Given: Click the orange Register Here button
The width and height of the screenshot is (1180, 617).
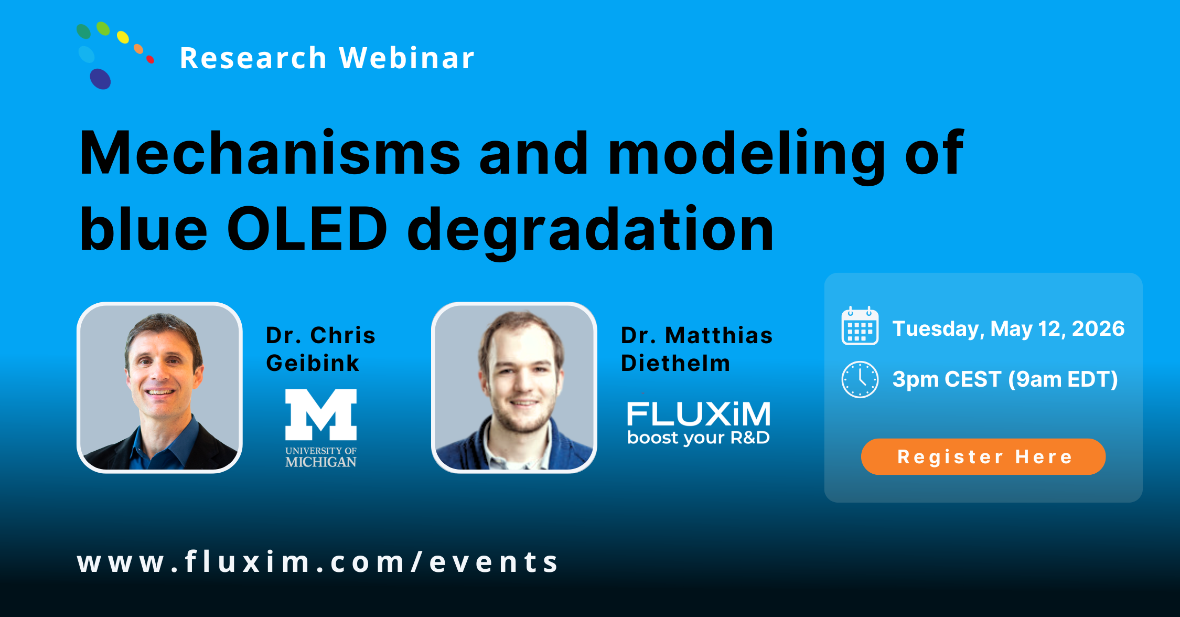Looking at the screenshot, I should tap(983, 456).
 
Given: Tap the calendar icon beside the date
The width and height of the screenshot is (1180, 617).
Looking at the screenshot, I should tap(860, 326).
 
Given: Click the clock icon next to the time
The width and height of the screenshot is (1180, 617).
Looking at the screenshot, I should tap(860, 379).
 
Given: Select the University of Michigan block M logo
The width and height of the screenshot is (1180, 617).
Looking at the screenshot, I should tap(321, 414).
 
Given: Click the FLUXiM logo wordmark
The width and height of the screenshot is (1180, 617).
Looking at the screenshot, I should tap(699, 414).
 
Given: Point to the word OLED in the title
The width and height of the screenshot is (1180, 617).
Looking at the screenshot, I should tap(307, 229).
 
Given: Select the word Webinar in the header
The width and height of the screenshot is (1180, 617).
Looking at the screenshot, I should tap(406, 58).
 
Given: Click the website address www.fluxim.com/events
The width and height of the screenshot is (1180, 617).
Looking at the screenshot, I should tap(318, 562).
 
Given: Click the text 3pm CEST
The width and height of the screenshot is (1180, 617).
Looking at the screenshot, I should tap(947, 379).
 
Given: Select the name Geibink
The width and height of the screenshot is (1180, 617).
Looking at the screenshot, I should tap(313, 363).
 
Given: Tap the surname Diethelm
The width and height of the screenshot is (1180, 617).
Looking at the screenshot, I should tap(675, 363).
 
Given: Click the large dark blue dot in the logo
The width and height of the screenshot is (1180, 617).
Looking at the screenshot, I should tap(100, 79).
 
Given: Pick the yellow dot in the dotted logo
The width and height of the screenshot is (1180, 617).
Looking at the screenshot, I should tap(123, 37).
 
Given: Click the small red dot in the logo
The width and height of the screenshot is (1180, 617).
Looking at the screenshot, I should tap(151, 59).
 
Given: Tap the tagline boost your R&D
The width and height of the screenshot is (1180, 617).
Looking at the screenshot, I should tap(699, 438).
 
